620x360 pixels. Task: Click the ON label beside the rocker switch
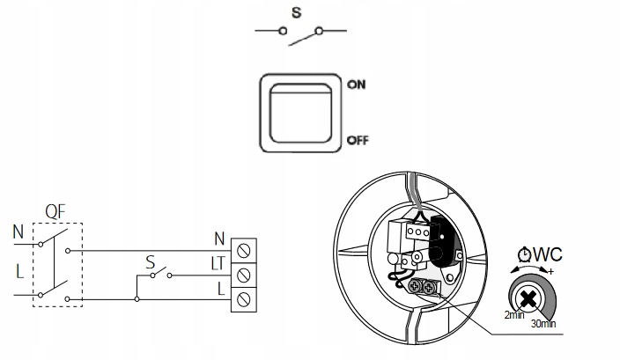click(x=358, y=85)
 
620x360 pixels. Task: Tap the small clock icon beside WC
click(x=525, y=255)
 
